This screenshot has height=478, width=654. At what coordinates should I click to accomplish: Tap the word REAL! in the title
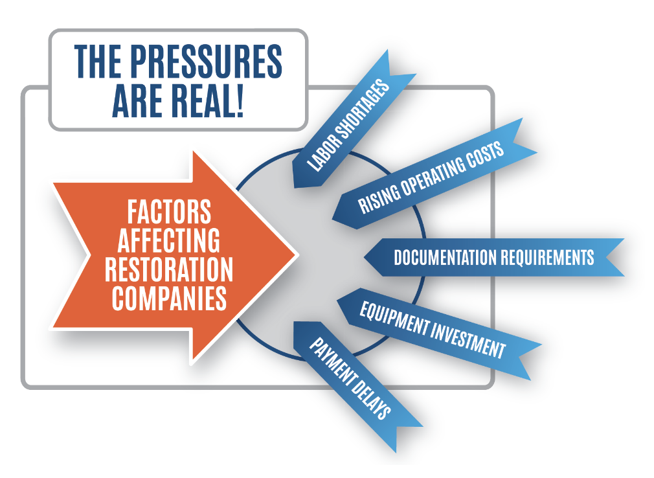click(x=207, y=100)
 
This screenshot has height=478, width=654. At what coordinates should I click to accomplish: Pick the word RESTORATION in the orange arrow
click(x=169, y=269)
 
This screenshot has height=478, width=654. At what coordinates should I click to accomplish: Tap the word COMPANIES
click(x=169, y=298)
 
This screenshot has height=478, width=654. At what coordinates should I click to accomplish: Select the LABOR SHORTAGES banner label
click(x=348, y=125)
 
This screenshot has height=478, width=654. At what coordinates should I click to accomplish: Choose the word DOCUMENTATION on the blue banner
click(x=445, y=257)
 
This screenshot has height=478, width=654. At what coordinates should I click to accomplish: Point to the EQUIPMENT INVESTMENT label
click(x=433, y=330)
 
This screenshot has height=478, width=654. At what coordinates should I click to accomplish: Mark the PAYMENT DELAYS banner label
click(x=350, y=378)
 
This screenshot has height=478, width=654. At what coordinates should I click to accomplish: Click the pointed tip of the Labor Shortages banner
click(x=295, y=187)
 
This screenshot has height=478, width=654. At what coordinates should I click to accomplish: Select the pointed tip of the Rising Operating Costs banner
click(x=333, y=218)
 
